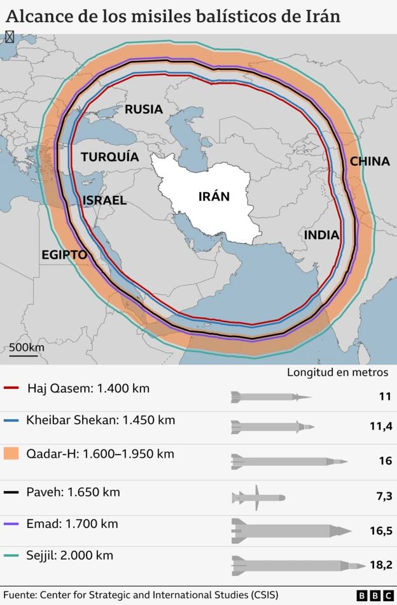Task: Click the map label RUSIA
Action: [143, 109]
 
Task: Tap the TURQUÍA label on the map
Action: [109, 156]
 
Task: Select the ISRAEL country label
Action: [104, 200]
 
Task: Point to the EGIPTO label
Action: [64, 254]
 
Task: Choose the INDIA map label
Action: [321, 235]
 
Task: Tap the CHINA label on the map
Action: [370, 161]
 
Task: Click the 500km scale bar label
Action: [26, 348]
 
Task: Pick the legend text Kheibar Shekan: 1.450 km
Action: [101, 420]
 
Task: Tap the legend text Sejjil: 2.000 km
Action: [70, 555]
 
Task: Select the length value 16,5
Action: [380, 531]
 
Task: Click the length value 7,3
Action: [384, 496]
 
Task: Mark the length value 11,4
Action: [380, 427]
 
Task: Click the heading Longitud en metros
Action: [337, 372]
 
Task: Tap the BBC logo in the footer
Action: [375, 595]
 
